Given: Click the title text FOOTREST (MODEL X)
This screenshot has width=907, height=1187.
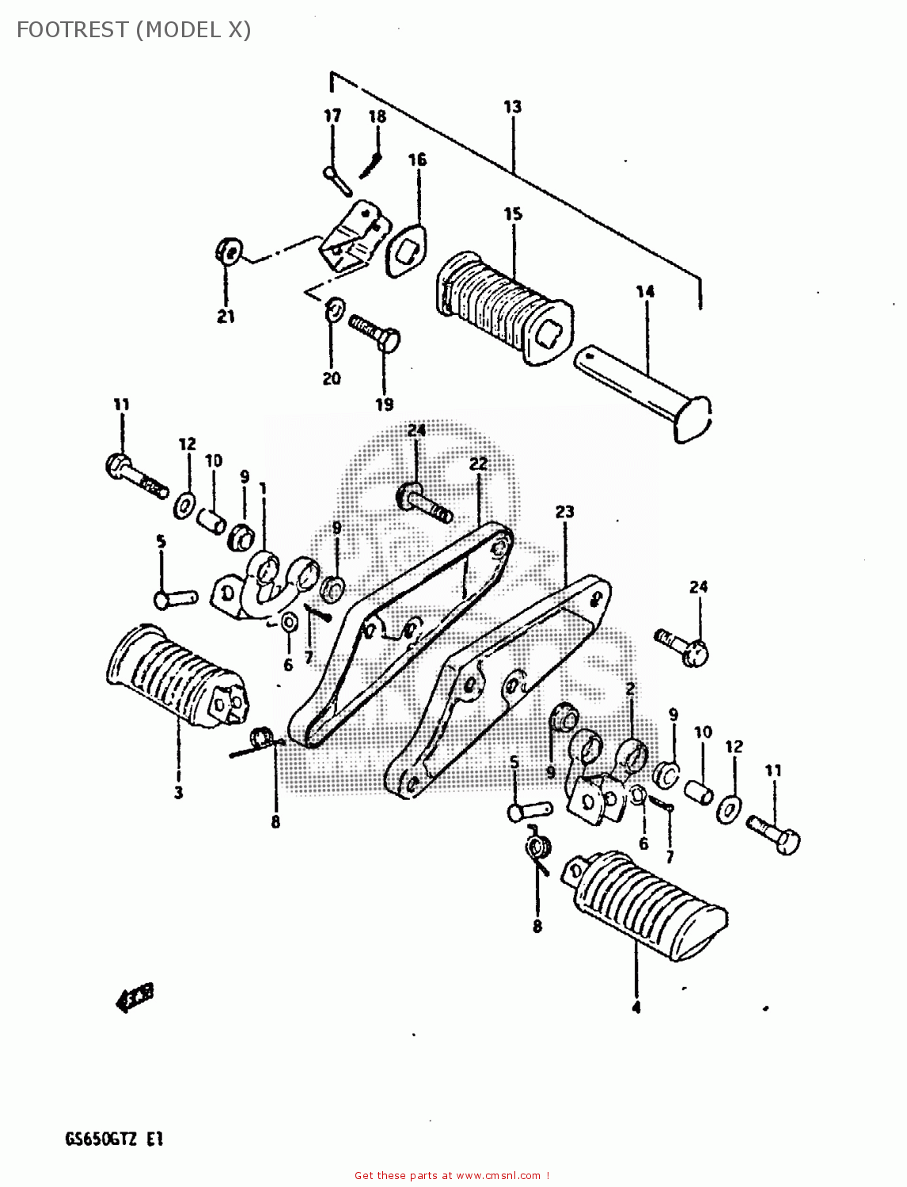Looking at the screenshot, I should coord(133,30).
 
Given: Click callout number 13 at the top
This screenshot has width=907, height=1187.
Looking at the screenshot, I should coord(512,107).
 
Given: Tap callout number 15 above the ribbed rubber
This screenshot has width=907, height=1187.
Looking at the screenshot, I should coord(513,214).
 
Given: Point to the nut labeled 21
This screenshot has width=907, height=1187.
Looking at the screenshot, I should coord(228,251).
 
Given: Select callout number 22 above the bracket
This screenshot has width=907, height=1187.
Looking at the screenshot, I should coord(478,464).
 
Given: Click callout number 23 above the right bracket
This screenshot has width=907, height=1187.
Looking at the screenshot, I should coord(564,512).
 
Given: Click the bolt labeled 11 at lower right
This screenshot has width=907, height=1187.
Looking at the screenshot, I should coord(773,833).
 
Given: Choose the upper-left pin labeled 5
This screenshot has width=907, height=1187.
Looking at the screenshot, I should coord(175,598).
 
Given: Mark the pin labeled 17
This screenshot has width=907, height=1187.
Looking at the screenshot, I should coord(339,179).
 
